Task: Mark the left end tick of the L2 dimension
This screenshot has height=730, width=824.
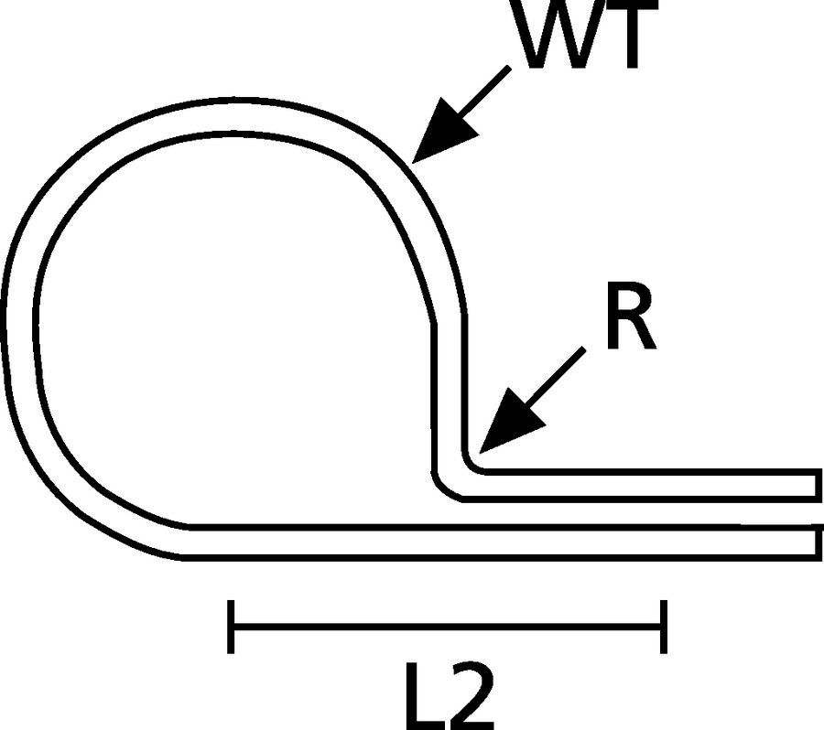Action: coord(231,627)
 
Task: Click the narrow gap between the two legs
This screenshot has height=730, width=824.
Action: coord(641,513)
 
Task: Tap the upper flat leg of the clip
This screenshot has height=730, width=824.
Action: coord(641,486)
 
